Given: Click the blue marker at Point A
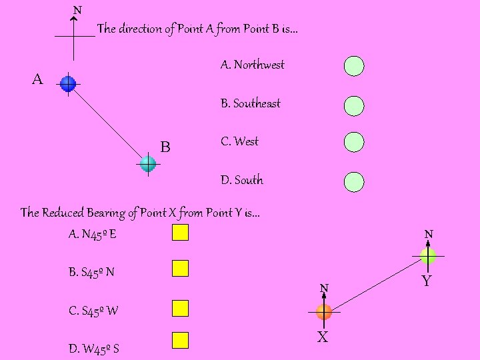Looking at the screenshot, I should (x=68, y=83).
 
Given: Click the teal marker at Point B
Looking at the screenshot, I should (x=147, y=163).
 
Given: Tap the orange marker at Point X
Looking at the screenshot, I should (x=324, y=311).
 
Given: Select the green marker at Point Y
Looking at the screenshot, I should (x=428, y=255).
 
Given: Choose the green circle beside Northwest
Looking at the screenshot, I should (x=354, y=65).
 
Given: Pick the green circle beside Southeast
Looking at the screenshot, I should (x=354, y=105).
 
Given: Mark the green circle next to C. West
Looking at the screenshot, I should (x=354, y=142).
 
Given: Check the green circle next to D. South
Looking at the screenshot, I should (x=354, y=181).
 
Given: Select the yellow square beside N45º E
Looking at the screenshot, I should (x=181, y=233).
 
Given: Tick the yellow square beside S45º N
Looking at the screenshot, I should (x=181, y=268).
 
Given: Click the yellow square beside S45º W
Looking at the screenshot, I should (x=181, y=308).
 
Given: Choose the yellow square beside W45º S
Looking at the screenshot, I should (x=181, y=341).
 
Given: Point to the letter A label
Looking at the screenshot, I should (x=37, y=80).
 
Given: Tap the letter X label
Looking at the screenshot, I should (x=322, y=337).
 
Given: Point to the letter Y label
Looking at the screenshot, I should (x=427, y=281).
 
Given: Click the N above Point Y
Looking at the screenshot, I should (x=429, y=234).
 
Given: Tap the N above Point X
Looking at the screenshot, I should (x=323, y=288).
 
